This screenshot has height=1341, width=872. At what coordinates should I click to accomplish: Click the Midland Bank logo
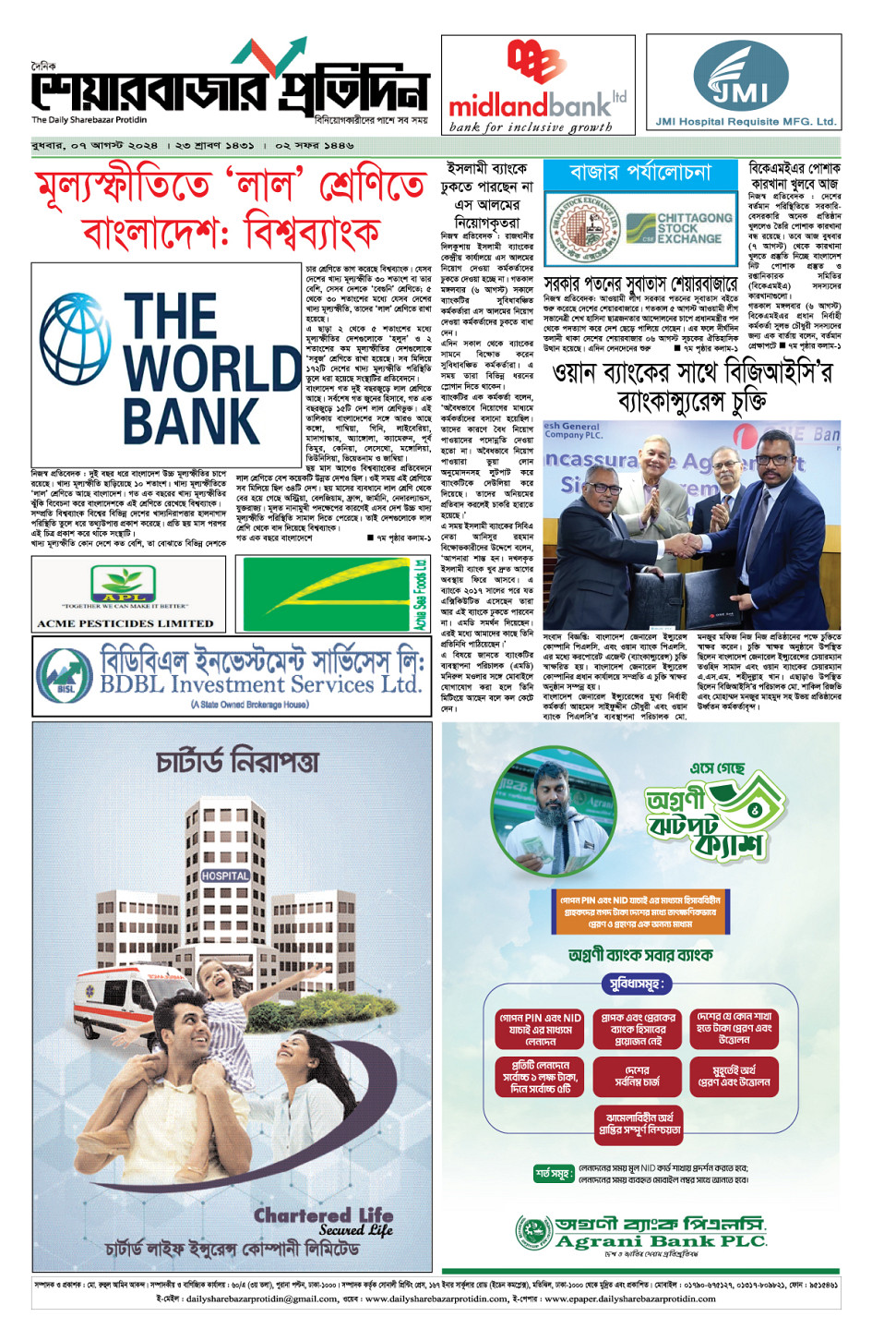click(x=537, y=86)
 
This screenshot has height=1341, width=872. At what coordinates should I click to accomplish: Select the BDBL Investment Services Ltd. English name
click(x=261, y=685)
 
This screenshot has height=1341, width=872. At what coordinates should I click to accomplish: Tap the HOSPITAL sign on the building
click(x=225, y=875)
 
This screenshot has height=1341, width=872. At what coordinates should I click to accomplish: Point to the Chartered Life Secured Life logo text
click(x=324, y=1221)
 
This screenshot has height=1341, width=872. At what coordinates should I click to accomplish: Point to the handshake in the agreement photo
click(x=688, y=544)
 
